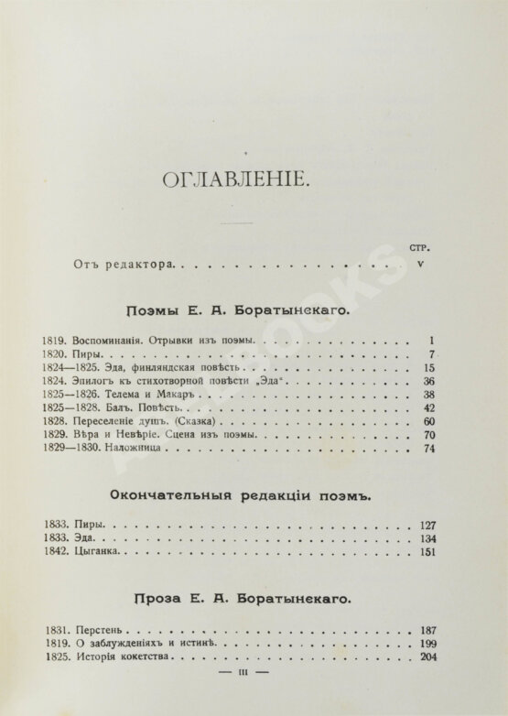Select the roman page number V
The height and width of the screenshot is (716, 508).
420,264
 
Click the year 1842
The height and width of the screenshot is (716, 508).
56,554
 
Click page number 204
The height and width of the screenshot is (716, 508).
426,657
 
